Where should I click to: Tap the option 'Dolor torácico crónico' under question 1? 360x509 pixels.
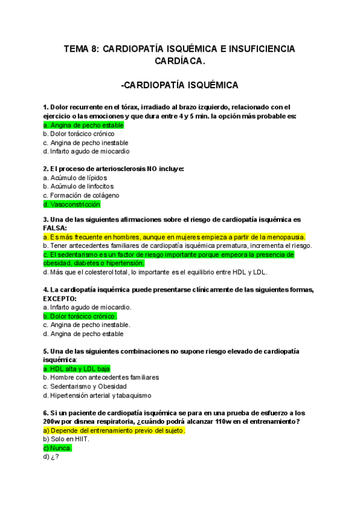(82, 134)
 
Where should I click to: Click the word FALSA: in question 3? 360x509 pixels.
(55, 228)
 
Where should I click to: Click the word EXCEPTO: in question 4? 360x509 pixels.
(60, 298)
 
